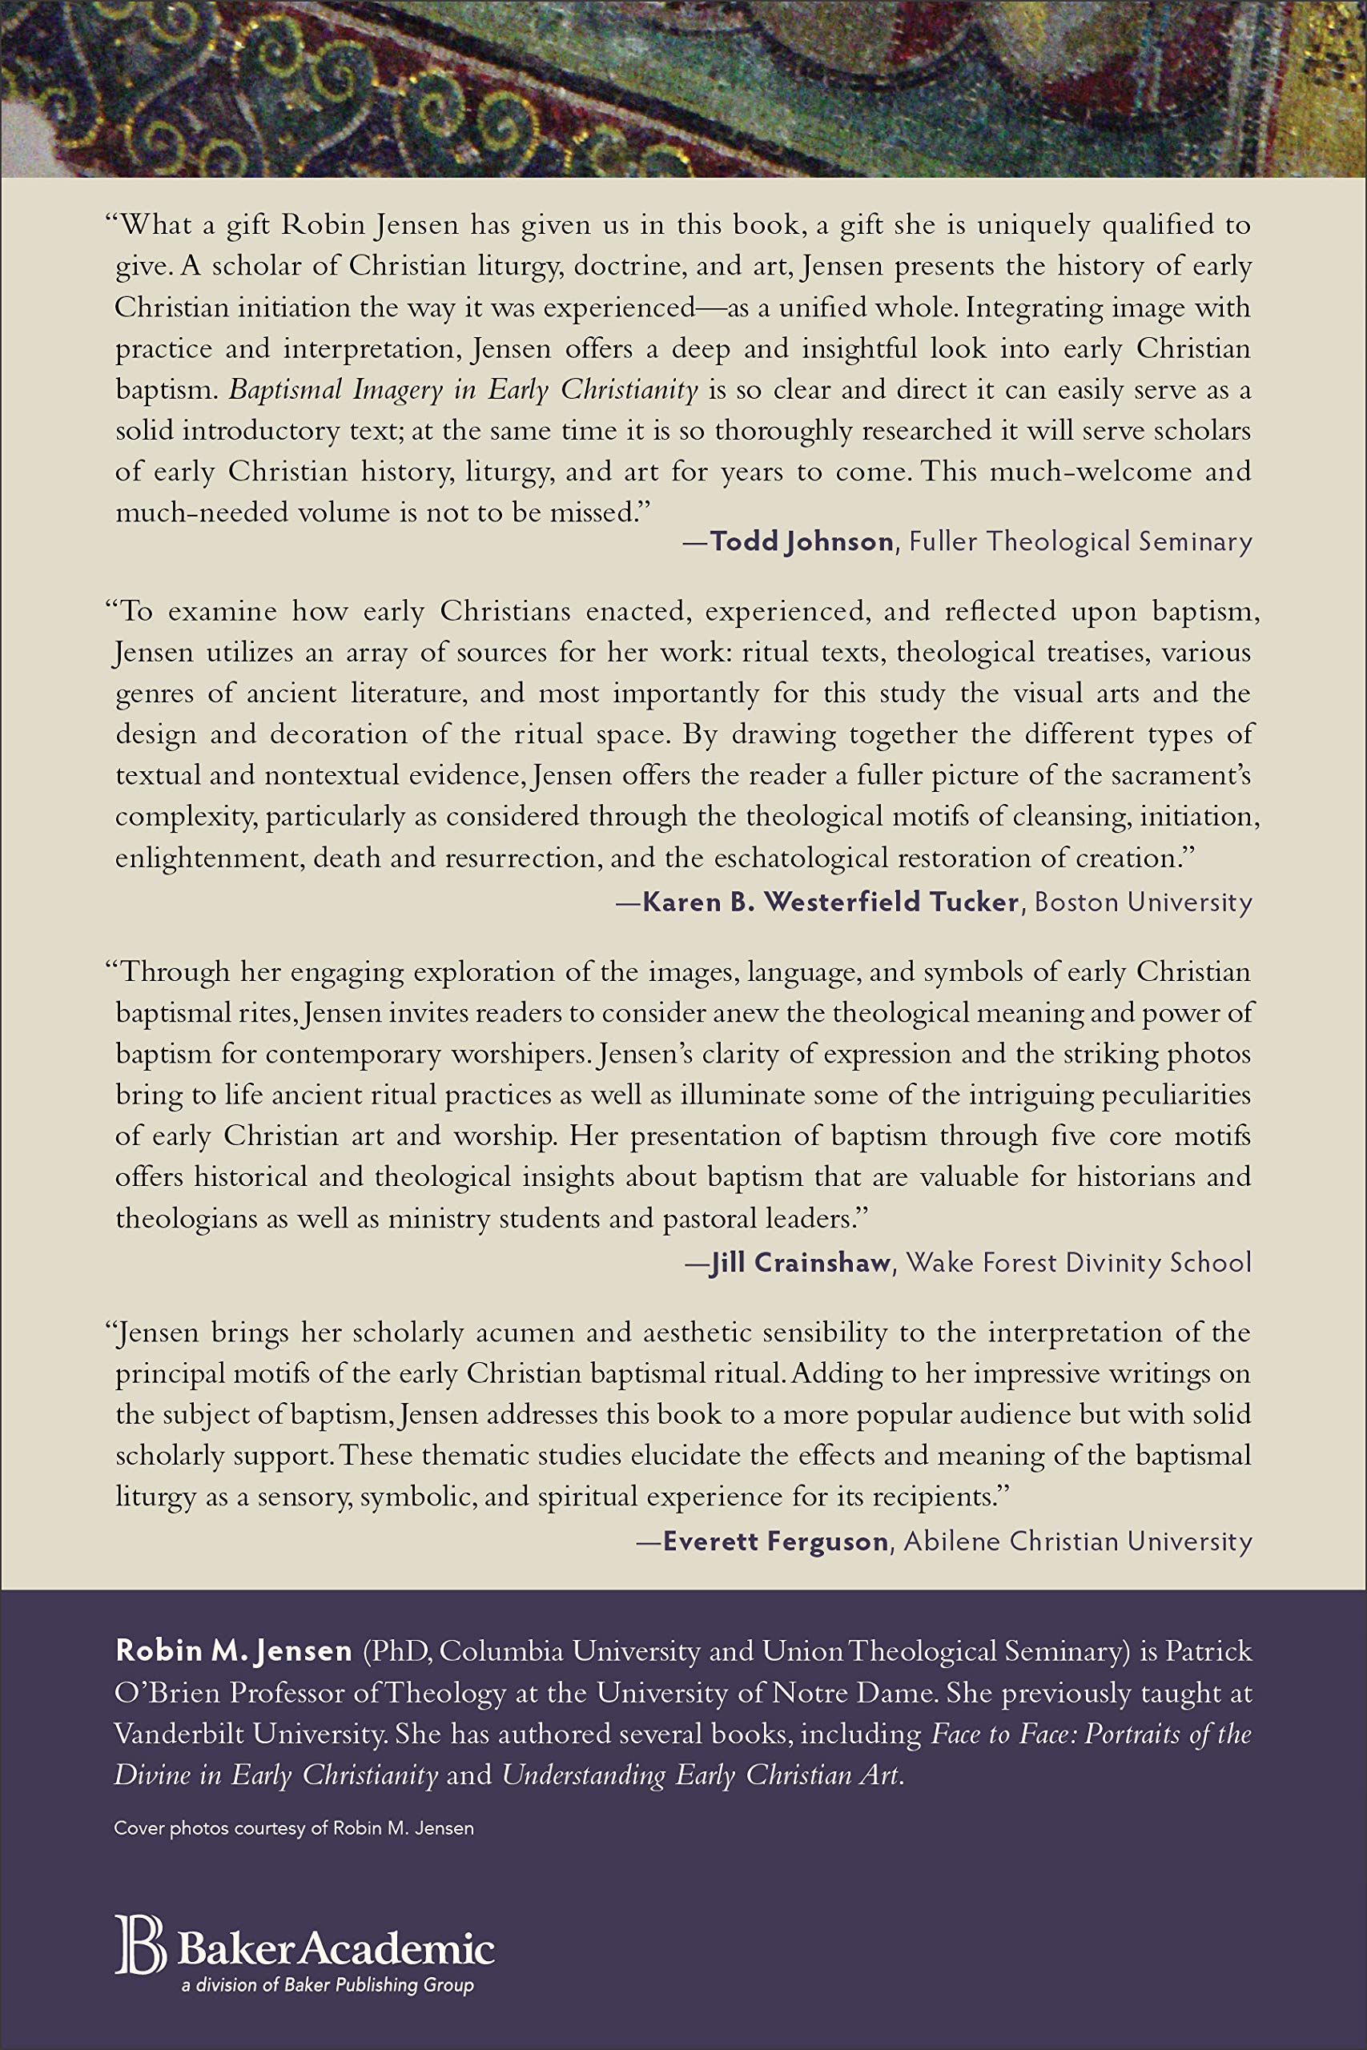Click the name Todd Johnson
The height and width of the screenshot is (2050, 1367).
801,542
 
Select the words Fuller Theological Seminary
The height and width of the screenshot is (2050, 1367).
1080,542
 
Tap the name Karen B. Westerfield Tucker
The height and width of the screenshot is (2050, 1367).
830,902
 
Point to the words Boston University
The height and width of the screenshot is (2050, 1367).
1142,902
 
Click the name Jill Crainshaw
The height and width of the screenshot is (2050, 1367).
800,1263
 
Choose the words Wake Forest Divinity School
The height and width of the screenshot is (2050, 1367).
1079,1263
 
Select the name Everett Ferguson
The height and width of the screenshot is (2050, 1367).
775,1542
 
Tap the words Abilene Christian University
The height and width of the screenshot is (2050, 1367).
1078,1542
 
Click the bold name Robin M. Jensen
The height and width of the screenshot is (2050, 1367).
234,1650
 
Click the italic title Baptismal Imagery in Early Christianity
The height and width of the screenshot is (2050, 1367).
463,390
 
